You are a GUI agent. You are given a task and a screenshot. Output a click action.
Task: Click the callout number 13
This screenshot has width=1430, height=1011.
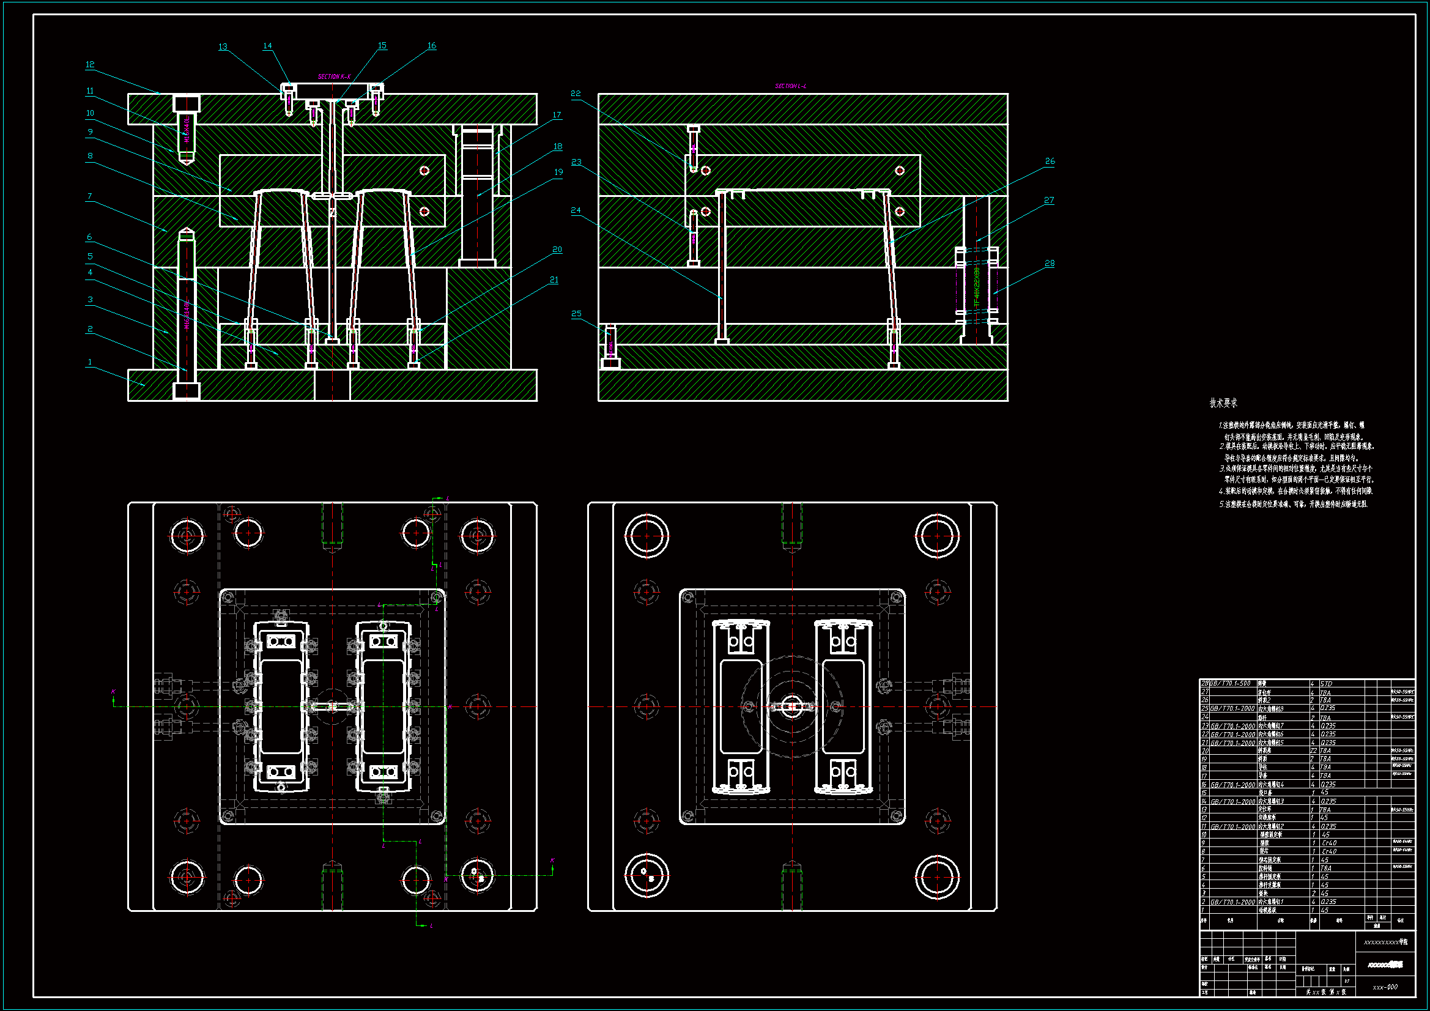(x=223, y=46)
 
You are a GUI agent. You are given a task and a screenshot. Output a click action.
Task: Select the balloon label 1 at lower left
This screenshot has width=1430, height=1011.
(x=90, y=362)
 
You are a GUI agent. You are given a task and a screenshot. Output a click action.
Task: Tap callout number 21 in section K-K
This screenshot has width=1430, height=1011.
(x=554, y=280)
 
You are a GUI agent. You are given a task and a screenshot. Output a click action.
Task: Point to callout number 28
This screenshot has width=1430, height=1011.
(x=1050, y=263)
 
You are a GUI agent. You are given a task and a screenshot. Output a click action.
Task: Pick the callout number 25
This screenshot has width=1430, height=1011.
(x=576, y=313)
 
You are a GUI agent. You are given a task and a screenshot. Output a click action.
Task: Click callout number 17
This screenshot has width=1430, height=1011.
(x=557, y=115)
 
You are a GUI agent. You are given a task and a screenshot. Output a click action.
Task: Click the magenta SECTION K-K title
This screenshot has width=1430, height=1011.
(x=335, y=76)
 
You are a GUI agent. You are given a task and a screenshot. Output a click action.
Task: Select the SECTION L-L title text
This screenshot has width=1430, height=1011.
(x=790, y=86)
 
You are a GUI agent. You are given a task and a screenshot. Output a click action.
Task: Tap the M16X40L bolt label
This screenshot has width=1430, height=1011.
(x=187, y=131)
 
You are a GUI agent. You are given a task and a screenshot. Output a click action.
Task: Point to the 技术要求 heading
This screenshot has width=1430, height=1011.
(x=1223, y=403)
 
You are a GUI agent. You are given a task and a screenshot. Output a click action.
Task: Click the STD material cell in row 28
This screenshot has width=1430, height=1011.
(x=1326, y=684)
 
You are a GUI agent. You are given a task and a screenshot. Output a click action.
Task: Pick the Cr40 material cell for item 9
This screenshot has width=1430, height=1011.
(x=1328, y=843)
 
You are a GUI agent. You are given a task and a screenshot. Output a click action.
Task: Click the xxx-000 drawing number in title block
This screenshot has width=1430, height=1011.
(x=1385, y=987)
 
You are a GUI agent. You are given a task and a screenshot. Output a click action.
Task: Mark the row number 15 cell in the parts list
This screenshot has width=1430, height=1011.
(x=1204, y=793)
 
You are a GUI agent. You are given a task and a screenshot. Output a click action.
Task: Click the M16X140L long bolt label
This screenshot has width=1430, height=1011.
(x=187, y=314)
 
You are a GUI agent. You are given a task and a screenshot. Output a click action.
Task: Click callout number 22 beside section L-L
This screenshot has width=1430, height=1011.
(x=576, y=94)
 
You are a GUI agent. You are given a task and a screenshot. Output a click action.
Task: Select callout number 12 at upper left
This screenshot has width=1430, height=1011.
(x=90, y=64)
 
